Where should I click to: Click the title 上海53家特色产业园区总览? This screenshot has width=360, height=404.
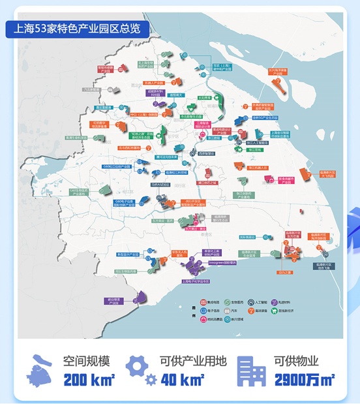[x=76, y=29]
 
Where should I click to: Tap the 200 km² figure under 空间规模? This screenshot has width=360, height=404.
[x=89, y=379]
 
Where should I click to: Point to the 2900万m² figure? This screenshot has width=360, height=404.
[x=304, y=379]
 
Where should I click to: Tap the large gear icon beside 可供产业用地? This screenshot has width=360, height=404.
[x=138, y=365]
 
